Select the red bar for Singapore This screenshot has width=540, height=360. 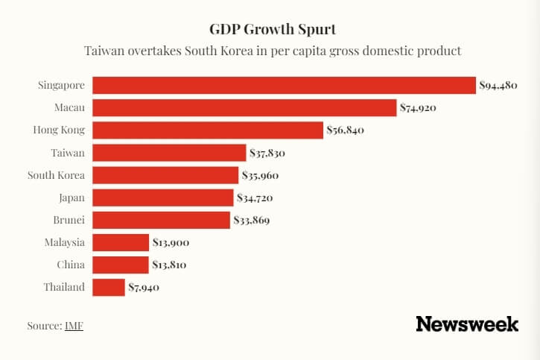pos(283,86)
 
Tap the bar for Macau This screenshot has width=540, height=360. pos(244,108)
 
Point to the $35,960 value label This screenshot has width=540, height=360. pos(262,176)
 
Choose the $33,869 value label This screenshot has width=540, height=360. pos(252,221)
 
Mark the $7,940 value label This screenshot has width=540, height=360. pos(144,288)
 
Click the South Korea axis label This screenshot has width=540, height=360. pos(56,175)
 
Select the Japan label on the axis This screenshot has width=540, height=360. pos(72,198)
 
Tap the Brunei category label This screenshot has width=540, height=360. pos(69,220)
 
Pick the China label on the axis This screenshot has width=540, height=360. pos(71,265)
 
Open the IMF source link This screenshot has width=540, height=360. pos(74,326)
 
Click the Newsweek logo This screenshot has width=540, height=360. pos(467,324)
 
